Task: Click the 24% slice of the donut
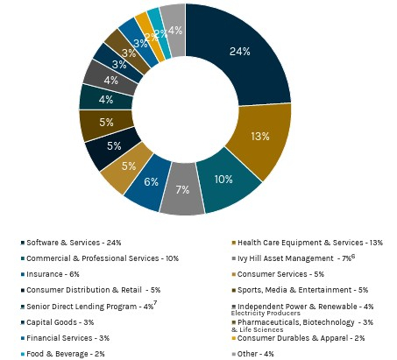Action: click(240, 53)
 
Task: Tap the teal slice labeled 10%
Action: click(224, 180)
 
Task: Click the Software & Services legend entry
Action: click(74, 243)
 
